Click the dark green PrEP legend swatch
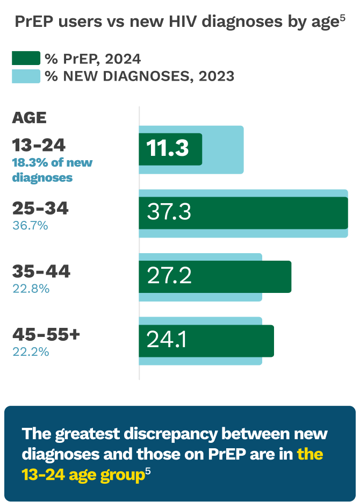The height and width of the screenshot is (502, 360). coord(26,58)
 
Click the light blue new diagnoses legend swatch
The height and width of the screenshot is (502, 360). coord(26,76)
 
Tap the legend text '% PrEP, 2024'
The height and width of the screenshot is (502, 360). coord(92,59)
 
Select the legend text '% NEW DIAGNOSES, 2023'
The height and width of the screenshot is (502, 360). coord(140,76)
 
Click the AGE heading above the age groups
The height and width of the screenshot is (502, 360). coord(29,118)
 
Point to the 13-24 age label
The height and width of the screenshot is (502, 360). coord(39,145)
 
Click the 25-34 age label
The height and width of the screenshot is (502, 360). coord(40,209)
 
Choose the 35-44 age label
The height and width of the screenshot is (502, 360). coord(41,272)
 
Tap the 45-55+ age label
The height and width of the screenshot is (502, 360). coord(46,335)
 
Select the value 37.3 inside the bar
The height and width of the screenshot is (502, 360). coord(169,213)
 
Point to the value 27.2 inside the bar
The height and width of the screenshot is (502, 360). coord(169,276)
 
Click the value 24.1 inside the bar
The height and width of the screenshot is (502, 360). coord(166,340)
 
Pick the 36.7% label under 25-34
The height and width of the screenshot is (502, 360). coord(30,225)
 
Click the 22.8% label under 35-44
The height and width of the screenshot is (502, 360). coord(31,289)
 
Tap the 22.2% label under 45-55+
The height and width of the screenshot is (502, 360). coord(31,352)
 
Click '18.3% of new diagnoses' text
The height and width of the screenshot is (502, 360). coord(52,169)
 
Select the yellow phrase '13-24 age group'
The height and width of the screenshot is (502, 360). coord(83,475)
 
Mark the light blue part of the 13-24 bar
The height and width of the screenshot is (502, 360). coord(223,149)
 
